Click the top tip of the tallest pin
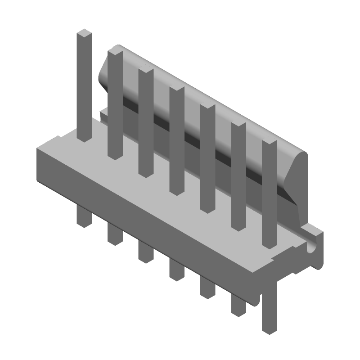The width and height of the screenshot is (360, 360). click(84, 33)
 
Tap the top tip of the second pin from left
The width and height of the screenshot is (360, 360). click(115, 52)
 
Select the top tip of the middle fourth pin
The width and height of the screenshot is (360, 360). click(177, 89)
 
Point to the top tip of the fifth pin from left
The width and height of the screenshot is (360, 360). click(207, 108)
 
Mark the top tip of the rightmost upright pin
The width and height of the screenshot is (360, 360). click(269, 144)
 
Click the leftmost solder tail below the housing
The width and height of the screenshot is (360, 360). click(84, 216)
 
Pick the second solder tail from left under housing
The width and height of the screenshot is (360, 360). click(115, 234)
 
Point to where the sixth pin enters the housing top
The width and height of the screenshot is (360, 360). click(238, 227)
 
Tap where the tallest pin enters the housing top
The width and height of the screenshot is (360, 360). click(84, 137)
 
